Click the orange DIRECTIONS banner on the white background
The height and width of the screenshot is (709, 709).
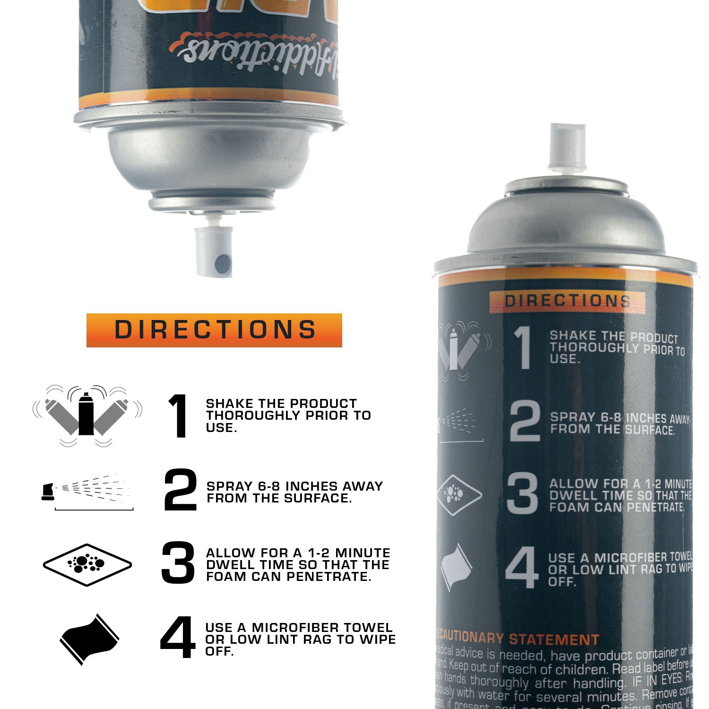point(214,330)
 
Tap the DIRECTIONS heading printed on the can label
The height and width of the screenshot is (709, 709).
point(567,301)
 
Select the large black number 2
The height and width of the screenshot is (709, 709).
point(180,490)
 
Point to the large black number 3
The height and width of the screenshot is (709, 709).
point(178,562)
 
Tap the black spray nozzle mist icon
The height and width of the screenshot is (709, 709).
point(87,492)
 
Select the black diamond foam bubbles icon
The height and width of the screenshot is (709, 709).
point(87,564)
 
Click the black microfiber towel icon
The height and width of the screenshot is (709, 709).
point(90,639)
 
